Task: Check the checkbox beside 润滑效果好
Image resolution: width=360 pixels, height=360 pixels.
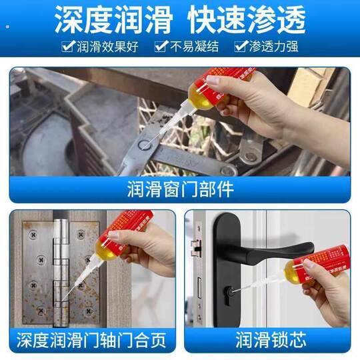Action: point(67,47)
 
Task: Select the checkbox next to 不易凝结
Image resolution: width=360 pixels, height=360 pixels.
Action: point(160,47)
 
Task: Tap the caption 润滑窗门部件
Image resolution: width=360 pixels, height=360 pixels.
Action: point(180,189)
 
